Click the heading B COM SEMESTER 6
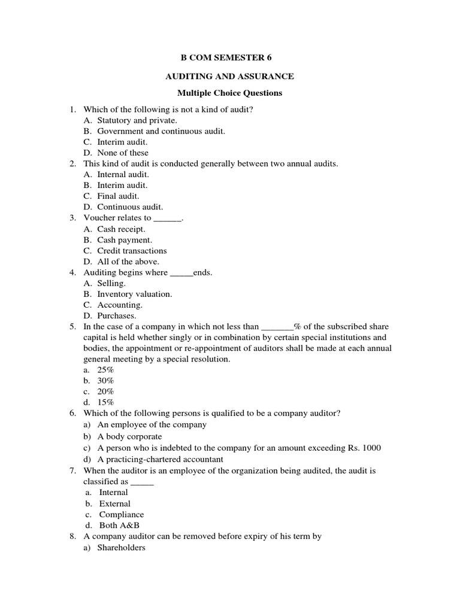[230, 58]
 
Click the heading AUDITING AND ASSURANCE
[229, 76]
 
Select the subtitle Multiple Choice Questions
[229, 93]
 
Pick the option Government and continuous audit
[161, 131]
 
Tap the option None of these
[123, 153]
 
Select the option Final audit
[118, 196]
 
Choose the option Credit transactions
[132, 250]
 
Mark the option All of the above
[128, 262]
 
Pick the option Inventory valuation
[135, 294]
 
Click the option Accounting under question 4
[120, 305]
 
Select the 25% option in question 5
[106, 370]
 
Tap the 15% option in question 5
[106, 402]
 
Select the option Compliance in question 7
[122, 514]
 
